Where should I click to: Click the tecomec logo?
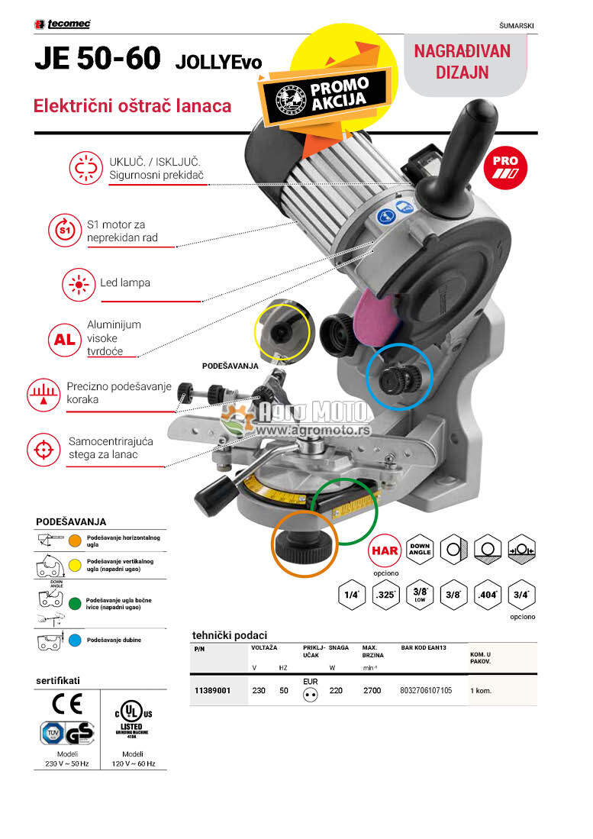pos(63,24)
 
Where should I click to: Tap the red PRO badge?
pos(505,166)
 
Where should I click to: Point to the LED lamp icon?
pos(77,283)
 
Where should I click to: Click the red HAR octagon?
pos(385,550)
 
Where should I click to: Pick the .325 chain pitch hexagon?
pos(386,595)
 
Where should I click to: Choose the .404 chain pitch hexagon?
pos(486,595)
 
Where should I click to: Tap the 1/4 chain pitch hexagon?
pos(352,595)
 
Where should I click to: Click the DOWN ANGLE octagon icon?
pos(421,550)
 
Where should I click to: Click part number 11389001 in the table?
pos(212,690)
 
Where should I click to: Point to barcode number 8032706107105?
pos(426,690)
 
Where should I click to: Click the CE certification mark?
pos(66,702)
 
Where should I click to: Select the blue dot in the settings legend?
pos(75,639)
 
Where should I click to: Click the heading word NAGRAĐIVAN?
pos(462,51)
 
